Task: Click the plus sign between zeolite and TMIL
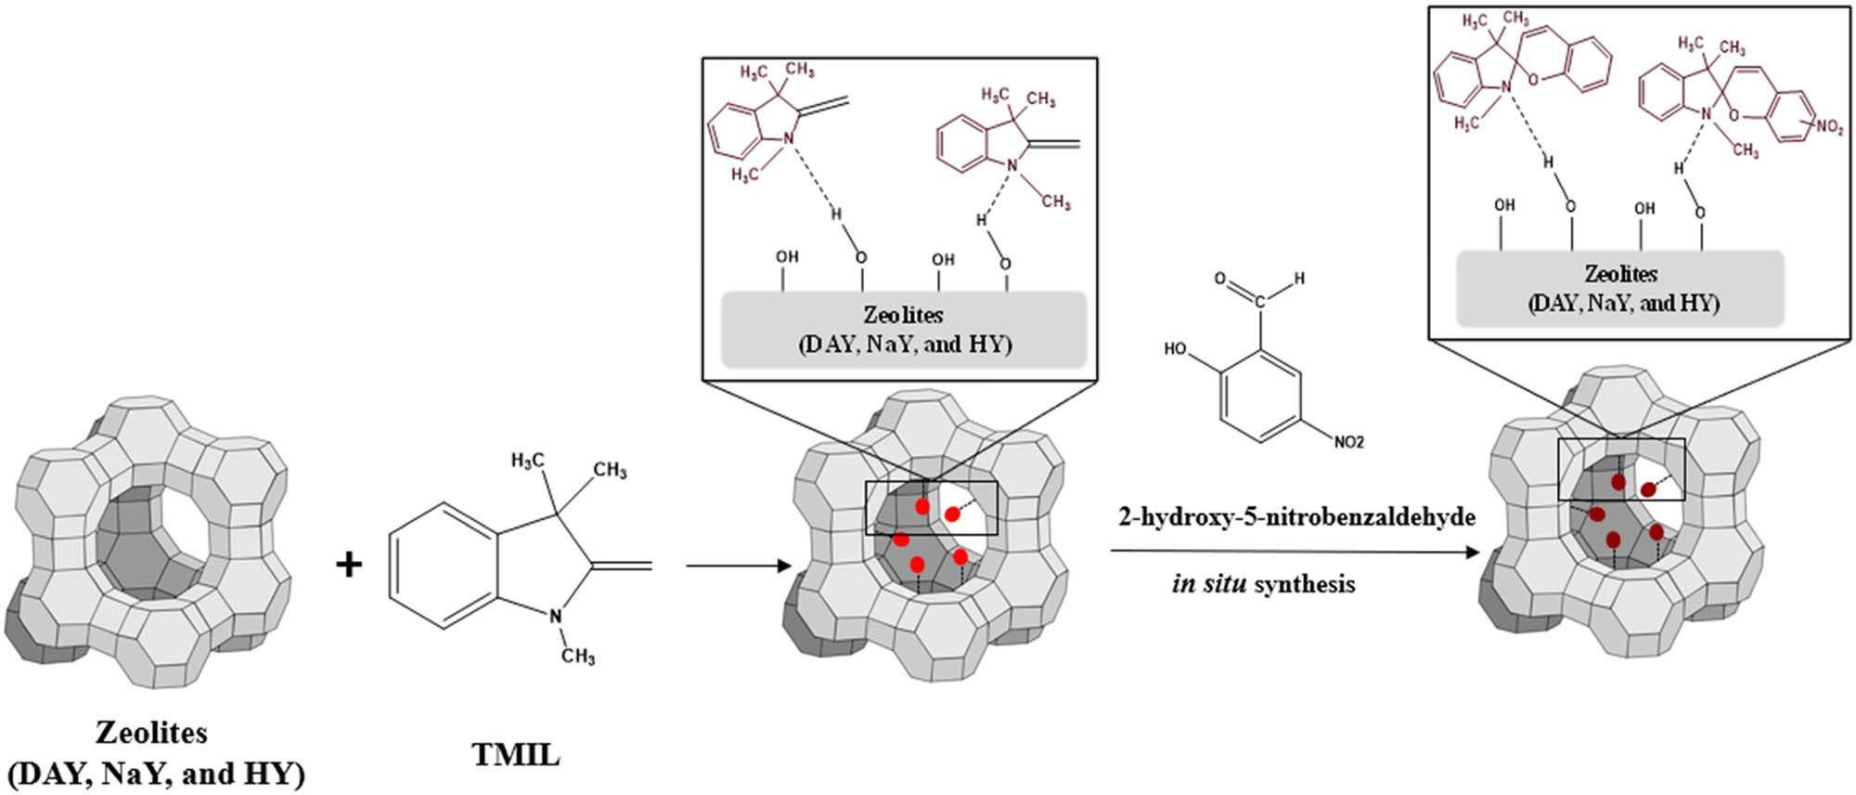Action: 349,565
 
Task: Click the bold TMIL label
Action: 516,754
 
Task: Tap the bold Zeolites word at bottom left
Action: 151,733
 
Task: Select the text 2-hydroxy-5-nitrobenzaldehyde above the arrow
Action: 1296,516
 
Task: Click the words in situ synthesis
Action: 1263,584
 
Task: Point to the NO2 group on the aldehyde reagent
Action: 1348,442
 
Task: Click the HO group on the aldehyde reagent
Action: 1175,348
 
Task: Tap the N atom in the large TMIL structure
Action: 555,616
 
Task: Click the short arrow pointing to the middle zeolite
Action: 738,566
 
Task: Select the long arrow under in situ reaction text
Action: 1295,552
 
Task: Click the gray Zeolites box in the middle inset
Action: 904,330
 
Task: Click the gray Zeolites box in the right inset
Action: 1620,289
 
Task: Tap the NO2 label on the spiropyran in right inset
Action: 1829,127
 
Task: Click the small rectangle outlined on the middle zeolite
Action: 931,508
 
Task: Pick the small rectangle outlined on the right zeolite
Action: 1621,469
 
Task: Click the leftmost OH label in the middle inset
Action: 787,256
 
